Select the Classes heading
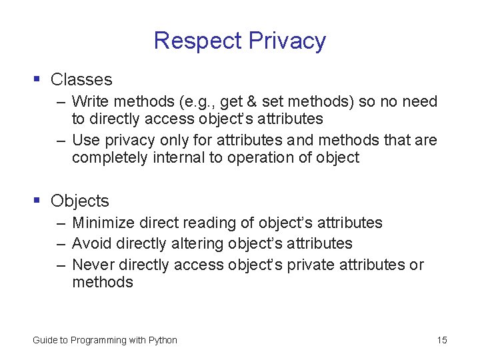click(x=81, y=79)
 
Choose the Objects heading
click(x=79, y=201)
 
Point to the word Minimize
click(x=101, y=223)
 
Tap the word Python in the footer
click(x=163, y=341)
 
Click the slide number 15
click(x=442, y=341)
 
